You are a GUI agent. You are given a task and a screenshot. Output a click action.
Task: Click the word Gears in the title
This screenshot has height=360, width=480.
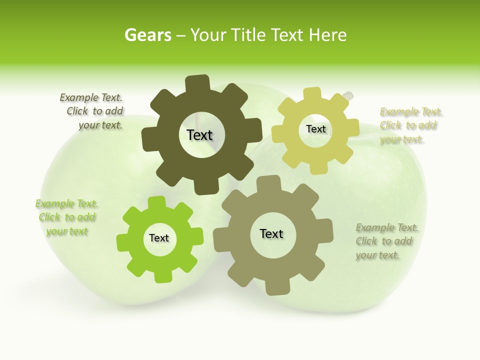[x=147, y=35]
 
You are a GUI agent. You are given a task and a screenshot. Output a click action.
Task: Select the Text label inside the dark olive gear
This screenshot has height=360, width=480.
[x=199, y=135]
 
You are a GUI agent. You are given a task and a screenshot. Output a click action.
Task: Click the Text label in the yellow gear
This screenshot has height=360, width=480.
[x=315, y=129]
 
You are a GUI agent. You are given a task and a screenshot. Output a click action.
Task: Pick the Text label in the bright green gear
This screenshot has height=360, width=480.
[x=159, y=238]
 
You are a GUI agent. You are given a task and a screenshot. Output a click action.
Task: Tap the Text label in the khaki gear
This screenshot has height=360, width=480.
[x=271, y=233]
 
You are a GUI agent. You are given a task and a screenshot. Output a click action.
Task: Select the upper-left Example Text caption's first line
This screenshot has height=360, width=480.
[x=91, y=97]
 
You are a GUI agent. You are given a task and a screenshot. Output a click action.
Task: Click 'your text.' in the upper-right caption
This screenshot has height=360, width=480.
[x=401, y=139]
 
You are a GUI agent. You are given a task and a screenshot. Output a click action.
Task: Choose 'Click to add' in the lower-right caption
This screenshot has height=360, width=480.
[x=384, y=241]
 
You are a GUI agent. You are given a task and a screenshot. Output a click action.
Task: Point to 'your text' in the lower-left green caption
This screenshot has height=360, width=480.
[x=67, y=231]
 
